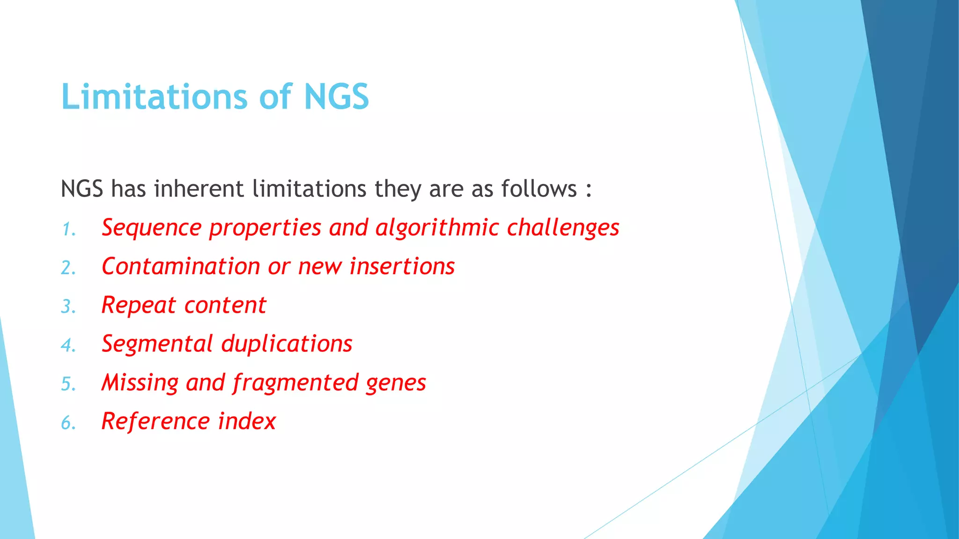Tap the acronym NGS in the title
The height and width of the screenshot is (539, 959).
point(336,97)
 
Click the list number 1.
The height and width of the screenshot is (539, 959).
point(68,229)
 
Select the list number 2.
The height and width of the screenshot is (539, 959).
point(68,268)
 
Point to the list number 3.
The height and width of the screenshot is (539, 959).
point(68,307)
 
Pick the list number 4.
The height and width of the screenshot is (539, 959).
point(68,346)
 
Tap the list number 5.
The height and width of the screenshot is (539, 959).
point(68,384)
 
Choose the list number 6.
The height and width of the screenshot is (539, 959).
point(68,423)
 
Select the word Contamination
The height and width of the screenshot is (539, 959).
point(181,267)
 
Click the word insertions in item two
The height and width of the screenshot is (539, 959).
point(402,267)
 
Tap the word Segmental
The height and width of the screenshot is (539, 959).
point(157,344)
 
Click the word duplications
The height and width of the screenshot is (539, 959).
point(287,344)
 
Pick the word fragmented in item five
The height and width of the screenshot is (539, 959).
point(295,383)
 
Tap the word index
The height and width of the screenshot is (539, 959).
point(247,421)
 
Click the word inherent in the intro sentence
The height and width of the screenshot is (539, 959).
point(199,189)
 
